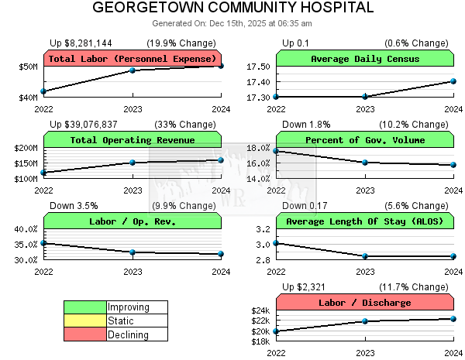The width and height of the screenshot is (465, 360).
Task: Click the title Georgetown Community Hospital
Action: (232, 8)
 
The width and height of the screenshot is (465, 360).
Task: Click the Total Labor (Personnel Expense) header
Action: (133, 59)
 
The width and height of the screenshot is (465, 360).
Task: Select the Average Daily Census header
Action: (364, 59)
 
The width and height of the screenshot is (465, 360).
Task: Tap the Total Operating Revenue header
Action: (133, 140)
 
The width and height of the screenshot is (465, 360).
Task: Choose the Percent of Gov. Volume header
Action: (364, 140)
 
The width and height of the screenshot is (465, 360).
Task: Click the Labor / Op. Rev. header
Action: (133, 221)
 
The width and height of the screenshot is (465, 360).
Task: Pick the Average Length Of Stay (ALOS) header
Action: (364, 221)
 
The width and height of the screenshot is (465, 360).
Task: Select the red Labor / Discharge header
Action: (364, 303)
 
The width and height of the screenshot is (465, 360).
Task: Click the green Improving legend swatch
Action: (84, 307)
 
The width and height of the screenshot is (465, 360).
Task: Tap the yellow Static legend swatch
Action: (84, 321)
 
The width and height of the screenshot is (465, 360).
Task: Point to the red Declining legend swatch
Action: (84, 335)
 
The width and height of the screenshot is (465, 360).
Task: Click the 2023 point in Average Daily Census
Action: (365, 97)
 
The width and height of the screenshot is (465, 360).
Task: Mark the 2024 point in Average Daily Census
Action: (453, 81)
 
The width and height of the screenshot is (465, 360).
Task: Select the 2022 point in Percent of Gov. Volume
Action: (277, 151)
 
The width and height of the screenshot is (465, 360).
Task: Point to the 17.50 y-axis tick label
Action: (260, 67)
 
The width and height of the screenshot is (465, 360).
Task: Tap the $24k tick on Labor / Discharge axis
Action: (260, 310)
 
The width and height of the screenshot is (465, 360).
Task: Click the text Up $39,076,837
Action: (84, 124)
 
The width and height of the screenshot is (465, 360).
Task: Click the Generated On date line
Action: (232, 23)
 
